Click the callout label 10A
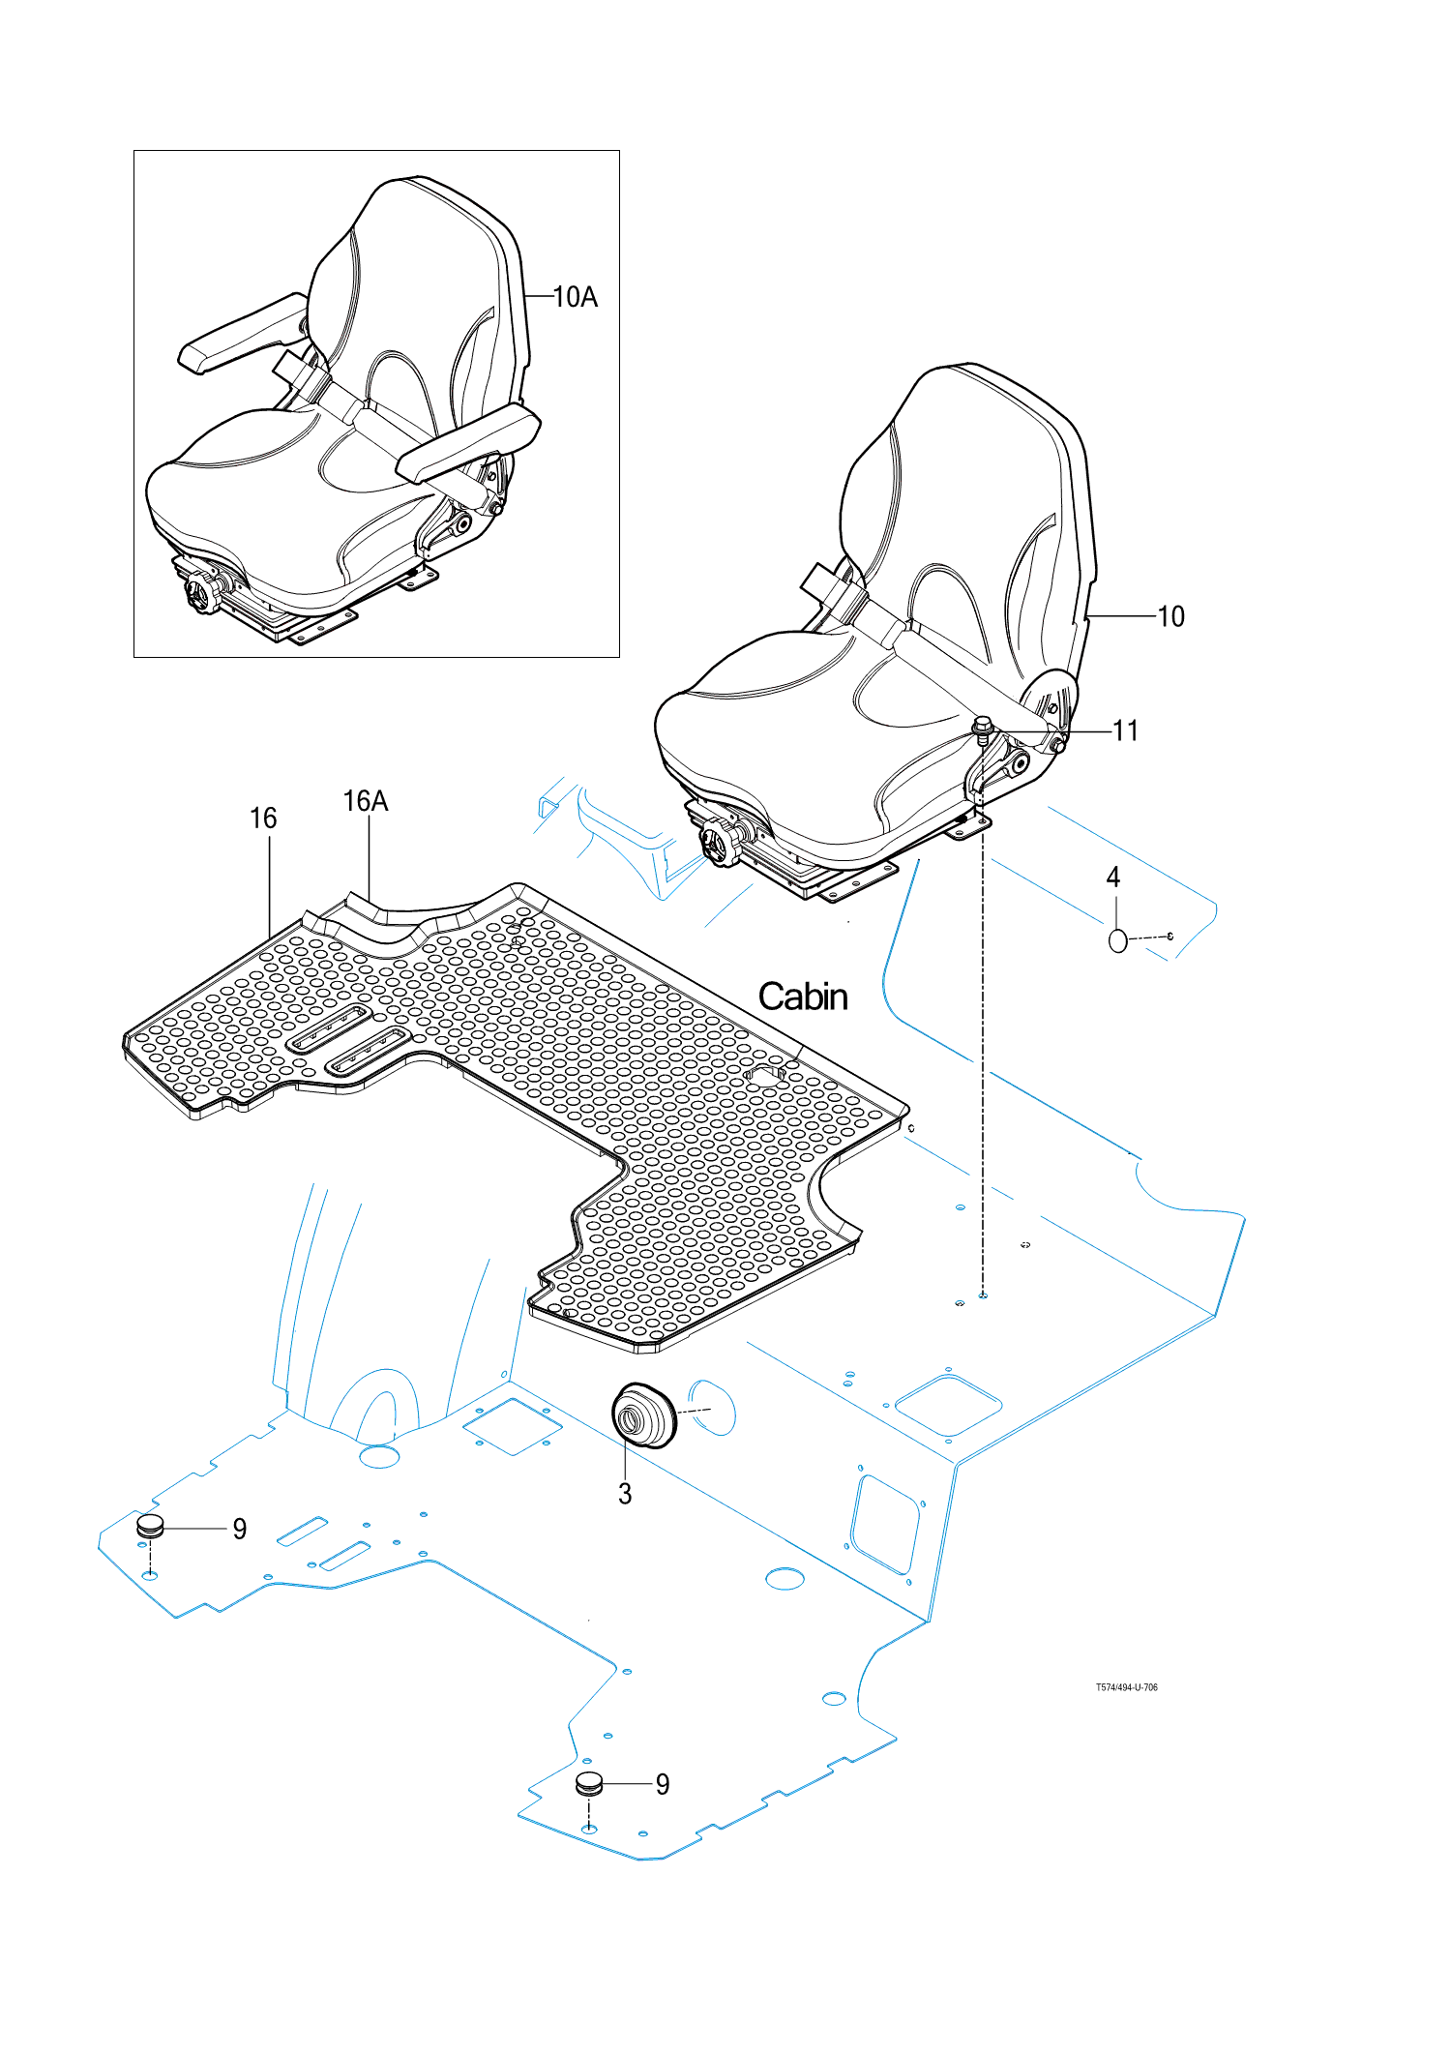(576, 297)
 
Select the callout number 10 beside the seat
(1170, 616)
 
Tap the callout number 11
(1125, 730)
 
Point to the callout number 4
(1113, 877)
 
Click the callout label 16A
(366, 801)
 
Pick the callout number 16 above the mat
(263, 819)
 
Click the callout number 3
(625, 1494)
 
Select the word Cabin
(803, 997)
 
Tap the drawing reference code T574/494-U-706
(1126, 1687)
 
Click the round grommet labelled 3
(643, 1415)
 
